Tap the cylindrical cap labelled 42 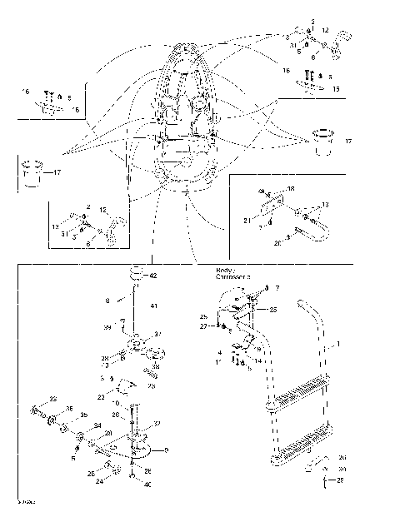132,275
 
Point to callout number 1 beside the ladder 337,343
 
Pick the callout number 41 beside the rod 153,307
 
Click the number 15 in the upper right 336,88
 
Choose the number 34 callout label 97,425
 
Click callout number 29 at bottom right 341,481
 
